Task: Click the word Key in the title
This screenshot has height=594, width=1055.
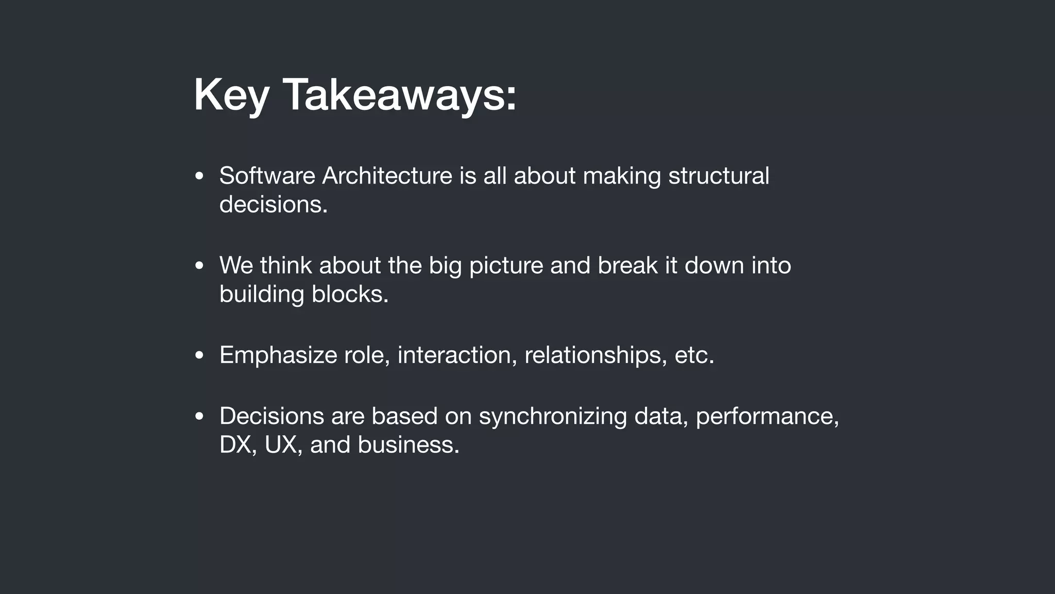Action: [231, 95]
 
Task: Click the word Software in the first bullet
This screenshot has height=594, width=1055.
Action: [267, 176]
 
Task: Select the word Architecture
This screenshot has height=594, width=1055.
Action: [387, 176]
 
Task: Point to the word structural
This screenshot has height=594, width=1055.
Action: [719, 176]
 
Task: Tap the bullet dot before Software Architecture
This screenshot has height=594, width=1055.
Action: [199, 176]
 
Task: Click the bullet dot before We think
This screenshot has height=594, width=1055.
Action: [199, 266]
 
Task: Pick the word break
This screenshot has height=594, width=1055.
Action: [627, 266]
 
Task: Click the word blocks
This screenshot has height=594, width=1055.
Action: [349, 294]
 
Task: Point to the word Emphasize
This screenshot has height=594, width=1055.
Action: [278, 355]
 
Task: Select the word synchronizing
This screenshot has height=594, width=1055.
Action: [553, 417]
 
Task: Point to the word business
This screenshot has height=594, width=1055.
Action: [408, 445]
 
